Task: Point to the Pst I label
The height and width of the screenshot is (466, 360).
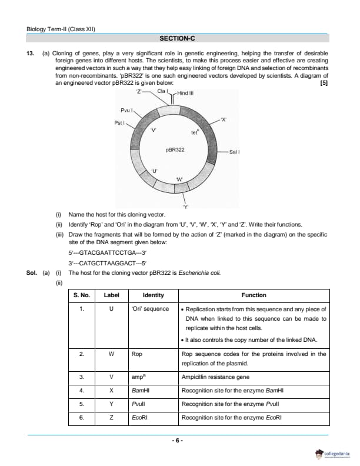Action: click(x=119, y=122)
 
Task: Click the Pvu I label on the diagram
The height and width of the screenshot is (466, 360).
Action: click(x=127, y=110)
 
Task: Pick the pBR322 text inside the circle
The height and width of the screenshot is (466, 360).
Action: click(x=175, y=149)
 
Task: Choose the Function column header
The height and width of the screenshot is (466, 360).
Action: click(x=254, y=295)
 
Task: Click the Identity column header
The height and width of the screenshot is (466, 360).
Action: click(x=153, y=295)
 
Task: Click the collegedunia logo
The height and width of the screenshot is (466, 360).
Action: click(x=336, y=454)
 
